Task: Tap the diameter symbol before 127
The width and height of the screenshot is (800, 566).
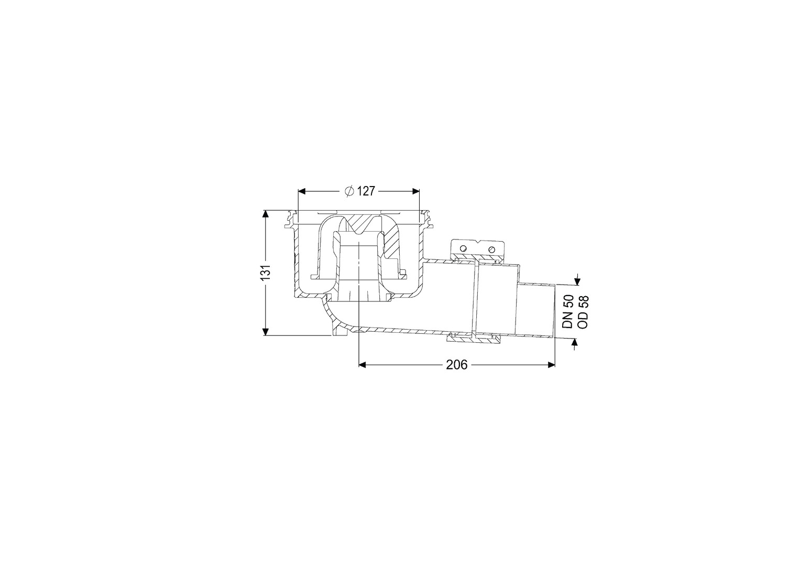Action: coord(349,191)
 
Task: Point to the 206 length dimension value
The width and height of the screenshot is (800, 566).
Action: coord(456,365)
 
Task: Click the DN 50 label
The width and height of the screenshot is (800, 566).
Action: coord(567,311)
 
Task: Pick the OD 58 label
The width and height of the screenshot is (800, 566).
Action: coord(583,311)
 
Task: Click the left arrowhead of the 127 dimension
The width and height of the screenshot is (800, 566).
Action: coord(302,191)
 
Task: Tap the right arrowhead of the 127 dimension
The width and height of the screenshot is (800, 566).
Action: coord(415,191)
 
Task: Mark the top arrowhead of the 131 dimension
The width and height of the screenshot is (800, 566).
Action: coord(266,214)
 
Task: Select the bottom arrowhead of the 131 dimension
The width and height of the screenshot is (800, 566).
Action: coord(266,332)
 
